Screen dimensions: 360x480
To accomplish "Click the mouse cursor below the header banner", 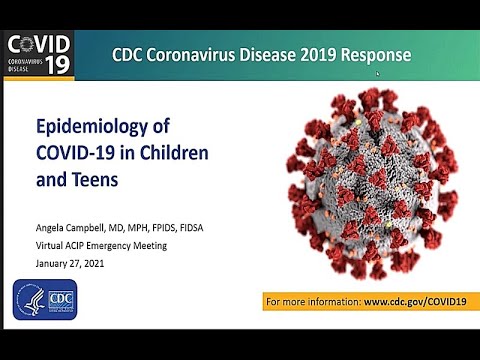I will [377, 73].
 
